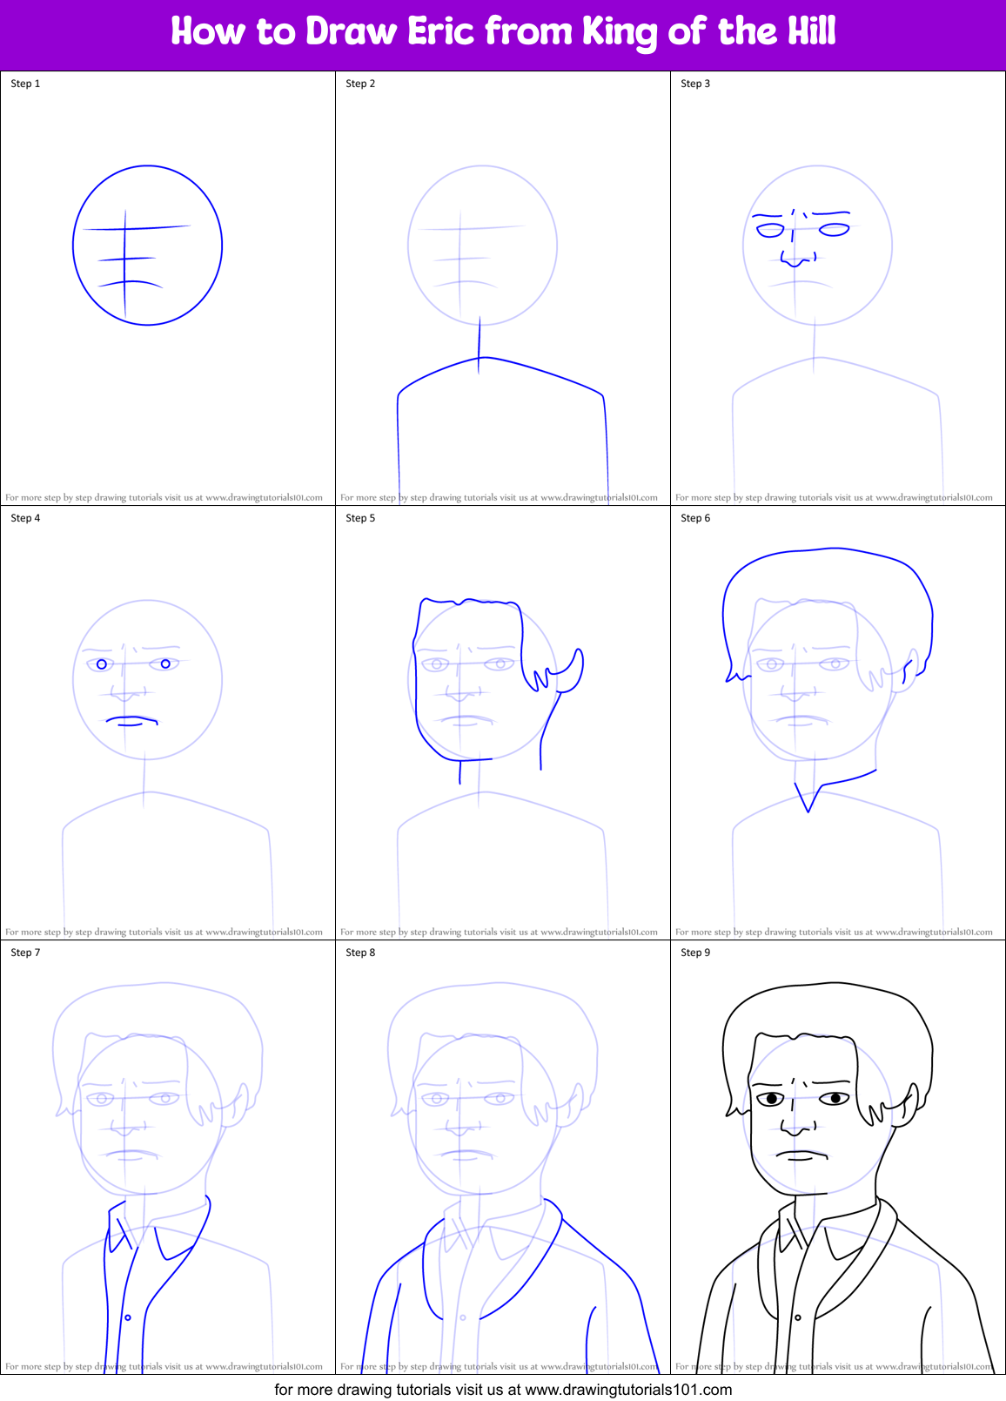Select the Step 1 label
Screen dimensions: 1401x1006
tap(25, 84)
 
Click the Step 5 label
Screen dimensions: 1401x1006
tap(360, 518)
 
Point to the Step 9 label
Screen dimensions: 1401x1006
tap(695, 953)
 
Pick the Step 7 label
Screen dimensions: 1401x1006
tap(25, 953)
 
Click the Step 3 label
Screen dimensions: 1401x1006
tap(695, 84)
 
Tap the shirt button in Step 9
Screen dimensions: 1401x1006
tap(798, 1317)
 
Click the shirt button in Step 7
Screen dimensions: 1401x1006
tap(128, 1317)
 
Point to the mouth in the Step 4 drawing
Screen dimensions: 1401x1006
tap(131, 721)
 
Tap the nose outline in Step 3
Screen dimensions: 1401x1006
tap(796, 259)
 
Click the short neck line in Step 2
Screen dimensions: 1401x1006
tap(479, 345)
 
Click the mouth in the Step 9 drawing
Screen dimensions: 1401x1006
tap(801, 1155)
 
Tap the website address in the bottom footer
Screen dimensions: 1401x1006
tap(628, 1390)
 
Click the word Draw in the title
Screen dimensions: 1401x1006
tap(351, 32)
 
